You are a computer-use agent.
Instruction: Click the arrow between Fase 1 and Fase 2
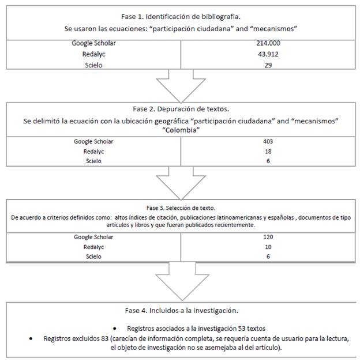[x=180, y=85]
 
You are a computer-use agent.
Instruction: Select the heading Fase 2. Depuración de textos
[x=180, y=108]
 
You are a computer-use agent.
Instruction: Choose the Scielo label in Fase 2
[x=92, y=161]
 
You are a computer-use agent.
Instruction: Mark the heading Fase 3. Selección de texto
[x=180, y=206]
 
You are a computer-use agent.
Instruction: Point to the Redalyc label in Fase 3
[x=92, y=246]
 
